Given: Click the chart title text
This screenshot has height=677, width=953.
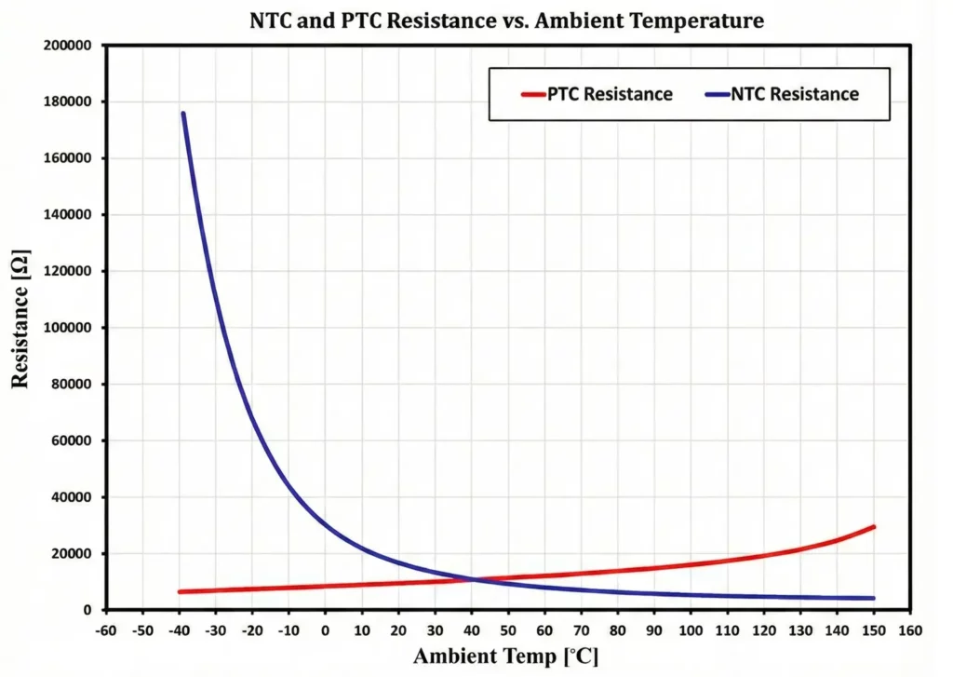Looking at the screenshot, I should pos(506,20).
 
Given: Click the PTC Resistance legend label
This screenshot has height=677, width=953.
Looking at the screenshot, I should pos(611,94).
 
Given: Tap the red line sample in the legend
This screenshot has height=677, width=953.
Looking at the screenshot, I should pos(532,94).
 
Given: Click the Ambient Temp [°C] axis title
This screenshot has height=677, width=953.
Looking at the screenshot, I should pos(506,657).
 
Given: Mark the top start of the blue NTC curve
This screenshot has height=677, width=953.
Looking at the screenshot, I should pos(183,114).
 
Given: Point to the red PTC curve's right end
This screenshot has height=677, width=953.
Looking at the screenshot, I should pos(873,527).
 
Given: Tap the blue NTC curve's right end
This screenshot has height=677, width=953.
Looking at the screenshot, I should pos(873,598).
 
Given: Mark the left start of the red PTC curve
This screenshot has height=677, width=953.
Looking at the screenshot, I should pos(180,591).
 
